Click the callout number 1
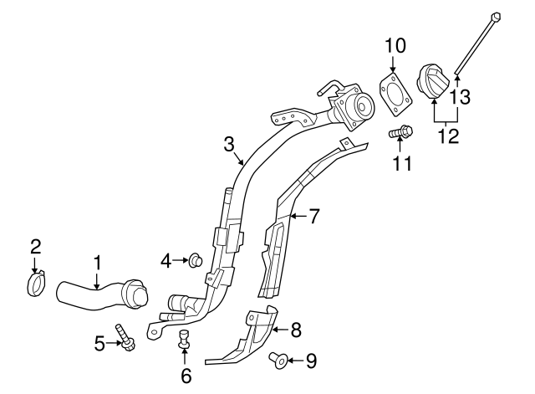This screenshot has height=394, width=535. point(97,264)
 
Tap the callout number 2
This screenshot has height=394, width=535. point(35,246)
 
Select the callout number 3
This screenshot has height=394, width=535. point(229,145)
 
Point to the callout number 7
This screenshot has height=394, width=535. point(314,217)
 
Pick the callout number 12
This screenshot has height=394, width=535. point(450,134)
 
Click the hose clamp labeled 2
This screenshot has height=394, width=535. point(36,285)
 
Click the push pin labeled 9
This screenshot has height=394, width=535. point(278,361)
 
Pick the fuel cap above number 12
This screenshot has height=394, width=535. point(436,82)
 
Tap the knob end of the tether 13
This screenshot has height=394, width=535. point(496,15)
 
